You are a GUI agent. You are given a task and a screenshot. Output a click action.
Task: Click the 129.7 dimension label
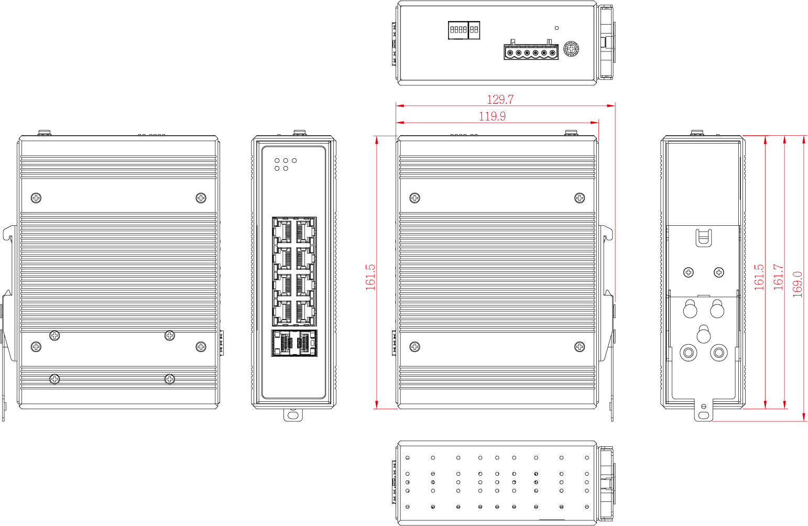coord(500,100)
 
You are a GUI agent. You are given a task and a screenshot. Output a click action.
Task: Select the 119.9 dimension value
coord(492,116)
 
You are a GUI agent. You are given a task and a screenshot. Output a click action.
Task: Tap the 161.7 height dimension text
coord(779,277)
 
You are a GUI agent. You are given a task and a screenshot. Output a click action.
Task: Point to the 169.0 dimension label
coord(797,284)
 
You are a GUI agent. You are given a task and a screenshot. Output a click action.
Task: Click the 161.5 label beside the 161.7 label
coord(759,277)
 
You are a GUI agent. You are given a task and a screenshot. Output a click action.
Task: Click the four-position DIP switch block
coord(458,30)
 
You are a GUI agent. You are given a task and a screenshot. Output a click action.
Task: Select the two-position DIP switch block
coord(474,30)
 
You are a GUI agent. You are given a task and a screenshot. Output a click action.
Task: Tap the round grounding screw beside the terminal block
coord(571,48)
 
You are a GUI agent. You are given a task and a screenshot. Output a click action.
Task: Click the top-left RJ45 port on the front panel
coord(283,231)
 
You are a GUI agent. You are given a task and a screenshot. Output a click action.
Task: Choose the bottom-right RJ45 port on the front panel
coord(305,312)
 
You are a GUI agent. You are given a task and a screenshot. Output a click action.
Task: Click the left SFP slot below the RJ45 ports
coord(283,343)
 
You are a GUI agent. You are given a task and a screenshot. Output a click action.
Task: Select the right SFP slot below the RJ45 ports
coord(305,343)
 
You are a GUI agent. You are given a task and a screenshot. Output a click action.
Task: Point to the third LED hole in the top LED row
coord(294,160)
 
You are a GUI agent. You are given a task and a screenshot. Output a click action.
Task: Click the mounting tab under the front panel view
coord(293,415)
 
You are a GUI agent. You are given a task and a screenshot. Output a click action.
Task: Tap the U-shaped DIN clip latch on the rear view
coord(703,238)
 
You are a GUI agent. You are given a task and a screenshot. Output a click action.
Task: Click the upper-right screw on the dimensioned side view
coord(580,198)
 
